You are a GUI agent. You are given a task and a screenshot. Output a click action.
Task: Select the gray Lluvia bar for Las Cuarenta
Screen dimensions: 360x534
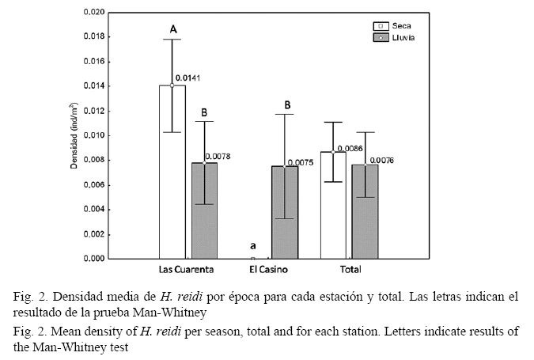coord(204,210)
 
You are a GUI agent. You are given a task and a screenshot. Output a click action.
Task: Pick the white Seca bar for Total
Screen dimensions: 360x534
coord(333,204)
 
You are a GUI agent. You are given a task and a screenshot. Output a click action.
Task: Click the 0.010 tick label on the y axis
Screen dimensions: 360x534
coord(89,135)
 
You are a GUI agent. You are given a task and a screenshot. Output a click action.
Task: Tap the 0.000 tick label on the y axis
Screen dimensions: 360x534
coord(89,259)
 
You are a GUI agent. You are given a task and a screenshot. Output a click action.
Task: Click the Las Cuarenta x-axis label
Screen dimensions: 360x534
coord(188,270)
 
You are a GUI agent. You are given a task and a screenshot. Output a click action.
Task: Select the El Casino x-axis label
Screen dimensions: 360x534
coord(268,270)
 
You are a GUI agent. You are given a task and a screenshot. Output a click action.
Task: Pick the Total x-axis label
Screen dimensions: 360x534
coord(350,270)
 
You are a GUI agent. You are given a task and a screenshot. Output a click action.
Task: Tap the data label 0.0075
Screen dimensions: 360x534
coord(300,163)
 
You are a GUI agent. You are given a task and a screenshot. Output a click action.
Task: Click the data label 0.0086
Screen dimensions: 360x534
coord(349,148)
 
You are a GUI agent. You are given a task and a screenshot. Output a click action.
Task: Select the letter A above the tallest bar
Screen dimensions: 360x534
coord(172,29)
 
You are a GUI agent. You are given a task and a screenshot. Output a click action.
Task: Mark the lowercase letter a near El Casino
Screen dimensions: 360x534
coord(252,246)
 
